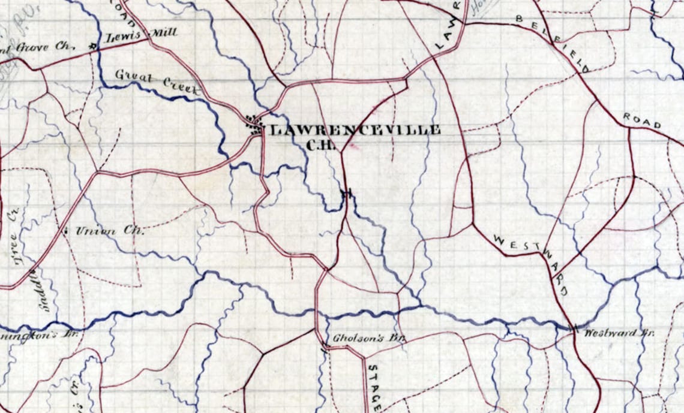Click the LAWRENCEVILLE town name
tap(355, 129)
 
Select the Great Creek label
tap(156, 83)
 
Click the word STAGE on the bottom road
tap(373, 387)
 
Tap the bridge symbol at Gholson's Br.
tap(325, 346)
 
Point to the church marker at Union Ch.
tap(64, 229)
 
